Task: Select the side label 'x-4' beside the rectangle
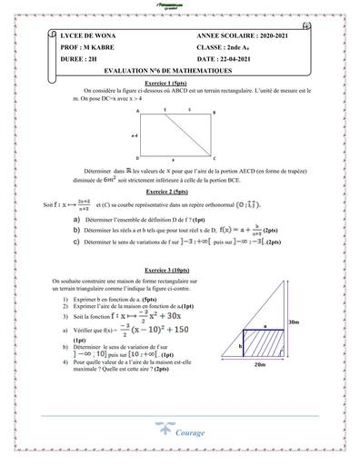135,134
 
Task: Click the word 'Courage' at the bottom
193,433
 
